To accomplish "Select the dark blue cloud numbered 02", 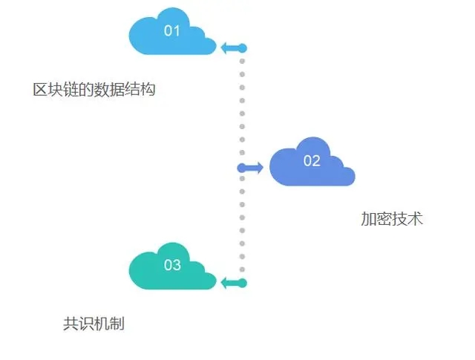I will pos(311,163).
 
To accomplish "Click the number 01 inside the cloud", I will pos(172,30).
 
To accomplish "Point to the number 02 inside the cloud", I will pos(312,160).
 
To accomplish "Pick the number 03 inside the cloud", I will pos(172,265).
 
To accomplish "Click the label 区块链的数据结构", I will pos(94,90).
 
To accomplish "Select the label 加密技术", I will pos(392,219).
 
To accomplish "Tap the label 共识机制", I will pos(94,324).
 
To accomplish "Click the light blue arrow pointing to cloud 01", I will pos(231,48).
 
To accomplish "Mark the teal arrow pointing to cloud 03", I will pos(232,283).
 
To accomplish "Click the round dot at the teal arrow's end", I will pos(242,283).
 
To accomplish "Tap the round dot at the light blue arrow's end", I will pos(242,48).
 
